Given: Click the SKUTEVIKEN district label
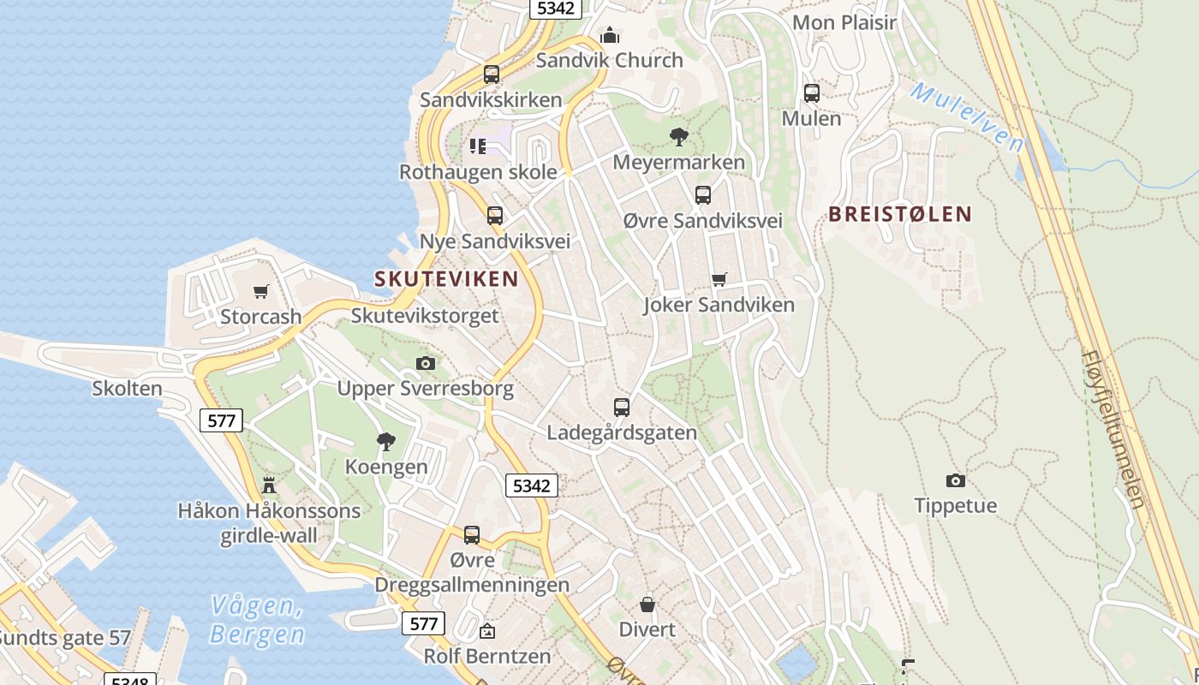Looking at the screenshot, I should click(x=446, y=278).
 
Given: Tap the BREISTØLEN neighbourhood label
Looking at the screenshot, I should click(x=900, y=214).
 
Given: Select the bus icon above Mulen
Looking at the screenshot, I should click(x=811, y=93).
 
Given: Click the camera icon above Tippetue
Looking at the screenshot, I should click(x=955, y=480).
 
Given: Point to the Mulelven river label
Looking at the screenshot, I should click(x=967, y=116).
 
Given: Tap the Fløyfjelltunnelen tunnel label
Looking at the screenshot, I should click(x=1113, y=428).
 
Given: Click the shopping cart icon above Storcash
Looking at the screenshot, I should click(x=261, y=291).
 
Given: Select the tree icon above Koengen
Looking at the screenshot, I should click(x=386, y=442).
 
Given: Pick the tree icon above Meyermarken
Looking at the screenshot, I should click(x=679, y=136).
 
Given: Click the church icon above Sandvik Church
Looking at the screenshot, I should click(x=610, y=35).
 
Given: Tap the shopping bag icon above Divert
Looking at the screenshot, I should click(x=647, y=605).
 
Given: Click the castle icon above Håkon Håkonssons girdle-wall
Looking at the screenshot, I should click(x=269, y=485).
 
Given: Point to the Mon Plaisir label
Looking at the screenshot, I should click(x=844, y=22).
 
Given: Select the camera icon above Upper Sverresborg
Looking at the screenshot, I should click(x=426, y=364).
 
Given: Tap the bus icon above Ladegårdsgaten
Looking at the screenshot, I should click(x=622, y=408).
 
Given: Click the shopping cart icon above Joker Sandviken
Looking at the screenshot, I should click(x=719, y=279).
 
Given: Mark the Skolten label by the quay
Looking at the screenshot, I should click(x=127, y=388).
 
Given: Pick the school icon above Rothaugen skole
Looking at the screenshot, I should click(x=478, y=146).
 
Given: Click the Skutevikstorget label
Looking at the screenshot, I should click(x=425, y=315).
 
